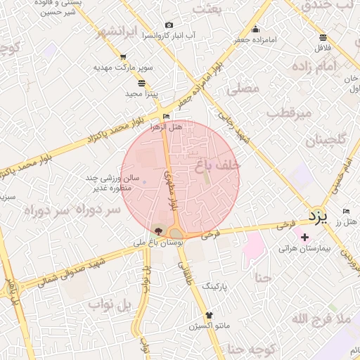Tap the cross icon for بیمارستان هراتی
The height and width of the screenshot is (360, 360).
(x=304, y=237)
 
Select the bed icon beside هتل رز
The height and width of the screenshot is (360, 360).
(x=345, y=211)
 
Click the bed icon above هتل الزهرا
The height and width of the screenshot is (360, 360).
(x=166, y=117)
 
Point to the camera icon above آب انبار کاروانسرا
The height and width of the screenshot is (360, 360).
(x=169, y=25)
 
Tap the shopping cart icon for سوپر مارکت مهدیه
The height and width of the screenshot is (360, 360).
(x=124, y=58)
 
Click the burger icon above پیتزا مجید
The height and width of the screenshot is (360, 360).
(x=143, y=83)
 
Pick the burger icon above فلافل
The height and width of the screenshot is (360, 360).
(x=323, y=38)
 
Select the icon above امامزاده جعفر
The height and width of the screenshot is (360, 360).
(x=255, y=30)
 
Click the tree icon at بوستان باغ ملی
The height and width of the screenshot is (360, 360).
(x=159, y=231)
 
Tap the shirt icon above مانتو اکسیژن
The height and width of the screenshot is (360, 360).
(x=208, y=315)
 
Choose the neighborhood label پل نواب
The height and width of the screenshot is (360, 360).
(x=110, y=304)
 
